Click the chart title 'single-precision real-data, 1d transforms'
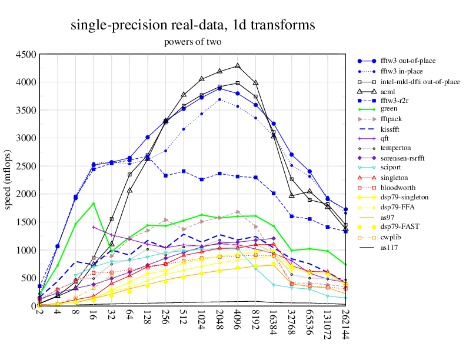pos(192,25)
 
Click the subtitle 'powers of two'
pos(192,42)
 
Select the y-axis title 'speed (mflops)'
pos(9,180)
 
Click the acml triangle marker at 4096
pos(238,66)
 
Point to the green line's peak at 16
pos(94,204)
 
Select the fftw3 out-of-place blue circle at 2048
pos(219,88)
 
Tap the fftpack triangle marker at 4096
pos(238,212)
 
